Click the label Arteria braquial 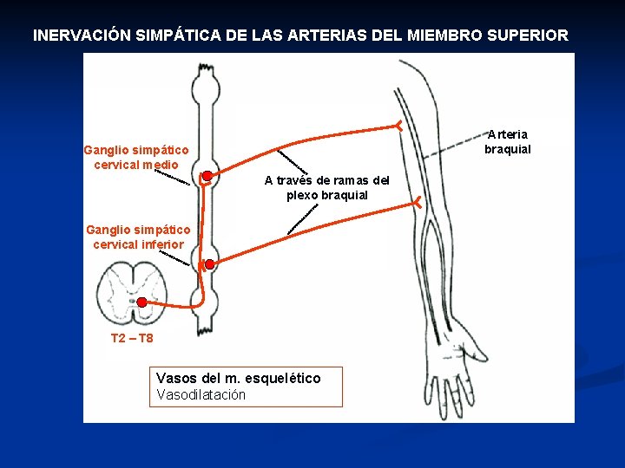(x=507, y=141)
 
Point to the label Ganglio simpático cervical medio (x=136, y=158)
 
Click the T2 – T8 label (x=132, y=338)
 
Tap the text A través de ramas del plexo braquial (x=327, y=187)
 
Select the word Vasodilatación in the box (x=201, y=395)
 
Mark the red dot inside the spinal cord (x=141, y=302)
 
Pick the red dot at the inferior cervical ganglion (x=209, y=263)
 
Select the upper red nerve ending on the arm (x=398, y=125)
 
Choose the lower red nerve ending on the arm (x=417, y=203)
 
